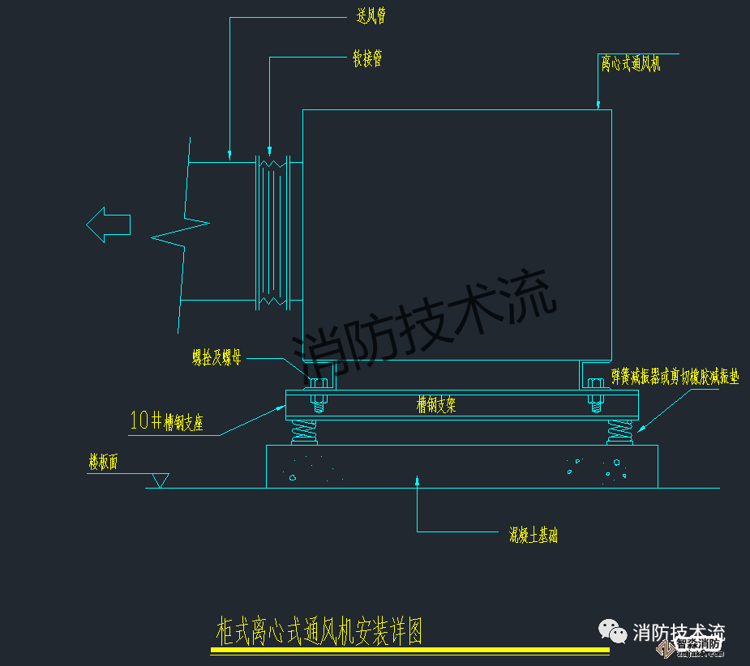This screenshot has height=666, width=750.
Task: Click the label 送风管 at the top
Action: click(x=371, y=17)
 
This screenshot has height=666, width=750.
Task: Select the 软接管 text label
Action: click(x=366, y=58)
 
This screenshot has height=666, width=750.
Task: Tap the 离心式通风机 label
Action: click(x=631, y=63)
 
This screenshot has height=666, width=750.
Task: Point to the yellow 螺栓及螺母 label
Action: click(x=216, y=357)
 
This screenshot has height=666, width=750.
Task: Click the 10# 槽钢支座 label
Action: click(x=166, y=421)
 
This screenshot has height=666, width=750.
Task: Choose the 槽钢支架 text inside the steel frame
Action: click(x=436, y=404)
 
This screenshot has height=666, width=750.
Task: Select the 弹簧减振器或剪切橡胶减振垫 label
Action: click(x=675, y=377)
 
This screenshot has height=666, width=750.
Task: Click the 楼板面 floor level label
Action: click(x=103, y=463)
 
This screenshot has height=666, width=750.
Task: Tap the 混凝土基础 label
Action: click(x=533, y=535)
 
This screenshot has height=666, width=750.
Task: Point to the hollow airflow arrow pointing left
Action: click(x=108, y=224)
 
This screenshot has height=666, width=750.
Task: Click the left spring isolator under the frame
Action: click(x=304, y=431)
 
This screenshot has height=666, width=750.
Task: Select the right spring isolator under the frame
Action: click(x=619, y=431)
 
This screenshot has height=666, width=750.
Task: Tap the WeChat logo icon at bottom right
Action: click(x=612, y=630)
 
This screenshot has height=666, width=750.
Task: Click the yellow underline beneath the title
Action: click(x=409, y=650)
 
